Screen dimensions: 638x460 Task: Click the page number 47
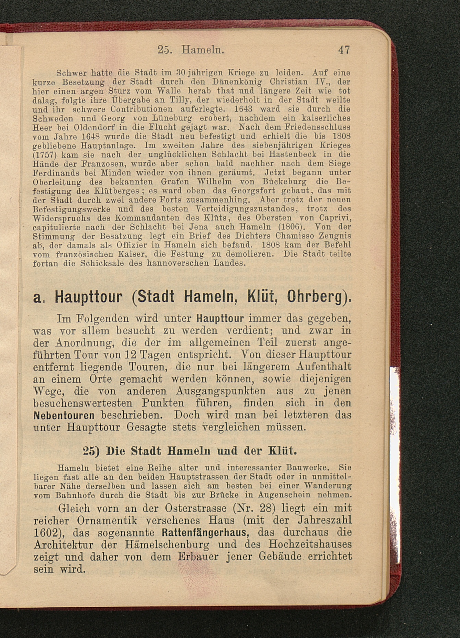tap(344, 50)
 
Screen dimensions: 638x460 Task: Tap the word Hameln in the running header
tap(203, 50)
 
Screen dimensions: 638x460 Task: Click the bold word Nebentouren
tap(64, 416)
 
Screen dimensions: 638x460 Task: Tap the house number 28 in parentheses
tap(266, 508)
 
